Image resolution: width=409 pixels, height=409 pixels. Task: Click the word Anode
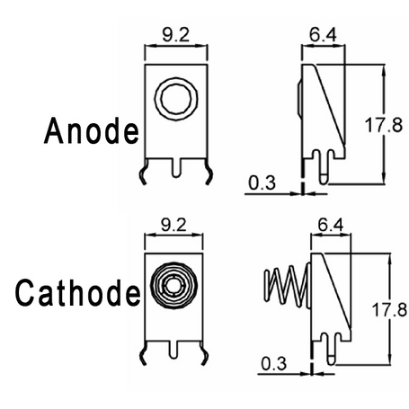coord(92,131)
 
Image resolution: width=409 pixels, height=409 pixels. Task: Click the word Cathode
coord(78,293)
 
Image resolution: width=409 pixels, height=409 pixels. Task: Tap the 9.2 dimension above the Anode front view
coord(176,35)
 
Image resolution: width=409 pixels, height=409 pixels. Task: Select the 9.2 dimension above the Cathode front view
coord(173,225)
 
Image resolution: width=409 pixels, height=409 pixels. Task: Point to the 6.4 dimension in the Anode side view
coord(323,35)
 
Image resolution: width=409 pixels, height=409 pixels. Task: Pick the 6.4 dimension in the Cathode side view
coord(331,225)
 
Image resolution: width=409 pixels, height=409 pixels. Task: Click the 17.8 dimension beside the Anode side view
coord(384,125)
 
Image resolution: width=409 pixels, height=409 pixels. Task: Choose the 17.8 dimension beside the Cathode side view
coord(389,309)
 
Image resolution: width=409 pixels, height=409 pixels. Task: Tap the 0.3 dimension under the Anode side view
coord(262,182)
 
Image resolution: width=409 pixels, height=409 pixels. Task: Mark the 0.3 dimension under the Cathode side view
coord(274,364)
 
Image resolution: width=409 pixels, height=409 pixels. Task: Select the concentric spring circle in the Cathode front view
coord(173,285)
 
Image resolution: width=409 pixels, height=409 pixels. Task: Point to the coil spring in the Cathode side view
coord(286,287)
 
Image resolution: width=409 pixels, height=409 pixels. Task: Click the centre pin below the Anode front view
coord(176,168)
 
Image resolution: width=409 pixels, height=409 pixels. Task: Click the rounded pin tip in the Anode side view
coord(323,179)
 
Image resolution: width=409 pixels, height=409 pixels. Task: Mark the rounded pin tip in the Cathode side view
coord(331,360)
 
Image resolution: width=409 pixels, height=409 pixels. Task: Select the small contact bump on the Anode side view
coord(300,97)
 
